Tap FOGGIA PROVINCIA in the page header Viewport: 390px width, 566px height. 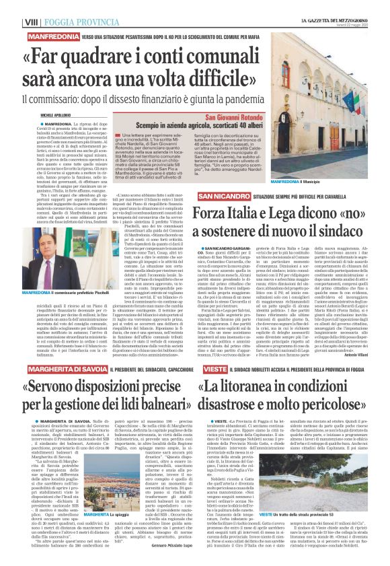coord(74,22)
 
